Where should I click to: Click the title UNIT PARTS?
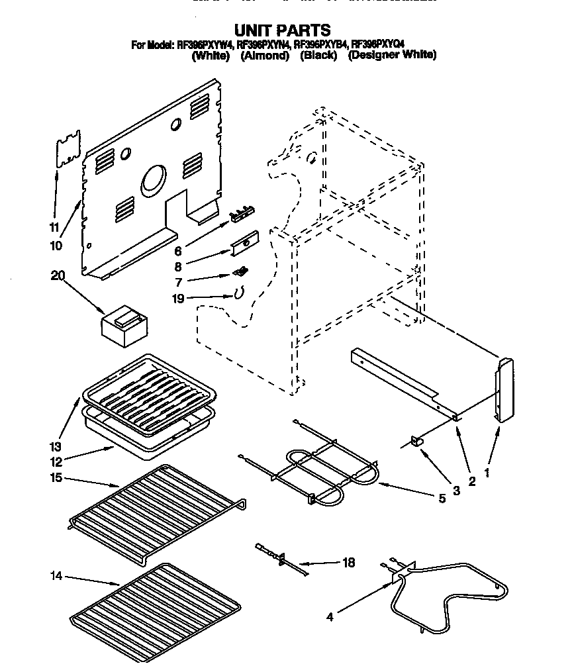point(283,30)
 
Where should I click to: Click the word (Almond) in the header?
point(265,56)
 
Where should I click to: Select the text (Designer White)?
point(392,56)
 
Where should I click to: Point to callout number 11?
point(55,227)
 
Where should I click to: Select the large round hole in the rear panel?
point(153,179)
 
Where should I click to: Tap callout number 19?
point(178,299)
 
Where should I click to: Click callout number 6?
point(177,252)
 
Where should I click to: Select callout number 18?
point(348,563)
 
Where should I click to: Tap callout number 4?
point(329,618)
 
